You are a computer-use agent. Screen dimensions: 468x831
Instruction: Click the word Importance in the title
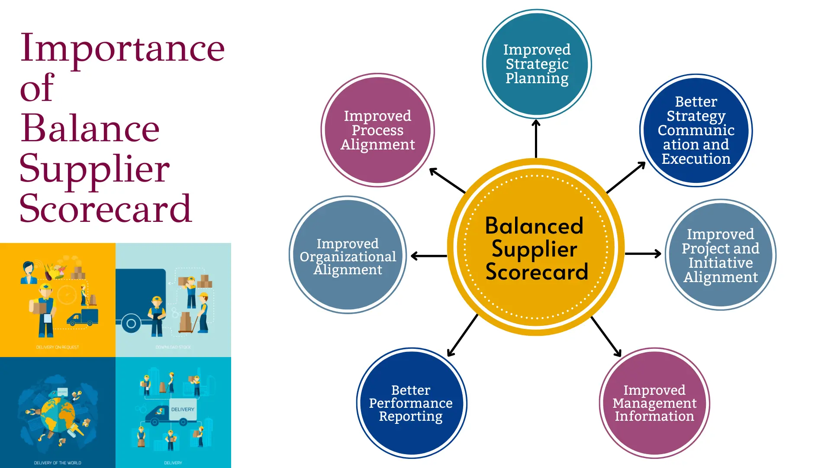122,49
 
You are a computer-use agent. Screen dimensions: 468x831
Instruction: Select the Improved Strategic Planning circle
537,64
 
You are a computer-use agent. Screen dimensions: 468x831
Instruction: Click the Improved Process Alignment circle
377,130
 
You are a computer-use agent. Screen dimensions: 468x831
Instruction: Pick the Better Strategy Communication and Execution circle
696,130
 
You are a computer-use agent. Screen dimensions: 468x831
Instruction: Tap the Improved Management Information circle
654,403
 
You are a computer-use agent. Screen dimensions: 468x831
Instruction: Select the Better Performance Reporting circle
411,403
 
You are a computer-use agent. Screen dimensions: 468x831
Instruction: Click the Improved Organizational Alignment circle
348,256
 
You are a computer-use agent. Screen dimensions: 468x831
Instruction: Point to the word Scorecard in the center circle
537,272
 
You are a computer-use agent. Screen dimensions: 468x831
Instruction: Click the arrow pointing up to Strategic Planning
536,139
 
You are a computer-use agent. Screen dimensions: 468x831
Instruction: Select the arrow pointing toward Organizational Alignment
428,256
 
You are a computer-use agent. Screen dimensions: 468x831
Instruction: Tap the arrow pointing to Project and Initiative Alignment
643,253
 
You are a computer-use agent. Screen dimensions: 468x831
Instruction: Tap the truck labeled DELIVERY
173,414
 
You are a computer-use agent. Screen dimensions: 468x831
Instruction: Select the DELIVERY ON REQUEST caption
58,347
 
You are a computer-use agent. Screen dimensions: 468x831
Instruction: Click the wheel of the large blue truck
131,323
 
